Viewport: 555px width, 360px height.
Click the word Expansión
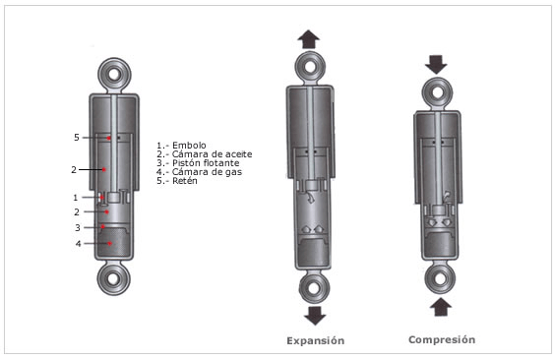[315, 341]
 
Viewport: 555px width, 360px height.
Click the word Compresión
[442, 340]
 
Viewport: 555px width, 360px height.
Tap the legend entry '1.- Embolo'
[181, 146]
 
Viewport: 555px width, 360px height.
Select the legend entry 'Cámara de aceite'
[212, 154]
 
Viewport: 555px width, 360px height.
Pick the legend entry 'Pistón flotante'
[206, 163]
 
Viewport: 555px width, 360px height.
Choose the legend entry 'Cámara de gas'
[207, 172]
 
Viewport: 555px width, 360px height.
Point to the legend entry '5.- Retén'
[177, 181]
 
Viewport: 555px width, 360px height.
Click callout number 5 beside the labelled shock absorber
[77, 138]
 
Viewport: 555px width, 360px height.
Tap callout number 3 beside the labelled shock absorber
[78, 228]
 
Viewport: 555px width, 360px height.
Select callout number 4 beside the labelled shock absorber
[78, 244]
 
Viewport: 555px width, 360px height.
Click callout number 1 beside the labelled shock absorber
[76, 198]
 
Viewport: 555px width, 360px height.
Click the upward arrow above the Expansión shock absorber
[309, 39]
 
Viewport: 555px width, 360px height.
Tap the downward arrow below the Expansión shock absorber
[315, 316]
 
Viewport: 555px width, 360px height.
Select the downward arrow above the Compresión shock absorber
[436, 64]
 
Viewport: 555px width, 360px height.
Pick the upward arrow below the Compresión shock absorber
[441, 307]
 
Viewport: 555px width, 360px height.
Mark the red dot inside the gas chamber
[110, 244]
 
